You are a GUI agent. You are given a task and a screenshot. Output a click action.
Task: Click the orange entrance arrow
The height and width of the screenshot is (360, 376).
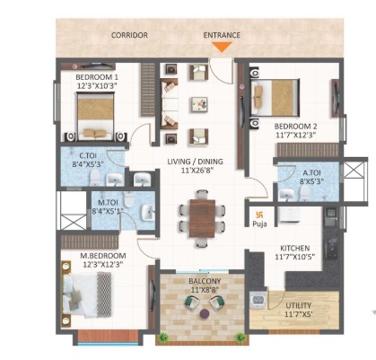pos(222,47)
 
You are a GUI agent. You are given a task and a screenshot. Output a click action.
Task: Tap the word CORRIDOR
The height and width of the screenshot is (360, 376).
pos(129,35)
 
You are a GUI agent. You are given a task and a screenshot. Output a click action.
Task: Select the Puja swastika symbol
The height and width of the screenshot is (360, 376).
pos(258,214)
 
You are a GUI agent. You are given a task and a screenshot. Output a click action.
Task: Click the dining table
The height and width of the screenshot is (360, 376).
pos(202,218)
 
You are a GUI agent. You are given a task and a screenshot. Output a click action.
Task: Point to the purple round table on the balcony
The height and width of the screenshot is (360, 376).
pos(205,313)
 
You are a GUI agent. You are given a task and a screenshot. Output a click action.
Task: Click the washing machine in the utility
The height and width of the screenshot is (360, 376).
pos(258,300)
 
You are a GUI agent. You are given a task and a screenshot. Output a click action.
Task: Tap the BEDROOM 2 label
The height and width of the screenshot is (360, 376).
pos(295,127)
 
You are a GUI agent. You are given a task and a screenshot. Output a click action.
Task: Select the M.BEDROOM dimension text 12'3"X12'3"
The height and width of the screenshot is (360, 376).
pos(102,264)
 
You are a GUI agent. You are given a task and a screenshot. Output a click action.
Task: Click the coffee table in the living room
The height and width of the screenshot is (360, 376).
pos(199,105)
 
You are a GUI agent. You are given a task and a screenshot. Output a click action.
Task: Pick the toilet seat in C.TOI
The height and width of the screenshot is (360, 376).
pos(95,178)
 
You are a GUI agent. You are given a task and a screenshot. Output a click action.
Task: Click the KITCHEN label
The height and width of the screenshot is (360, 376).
pos(294,249)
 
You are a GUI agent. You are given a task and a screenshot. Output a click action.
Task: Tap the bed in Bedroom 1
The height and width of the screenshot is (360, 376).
pos(95,116)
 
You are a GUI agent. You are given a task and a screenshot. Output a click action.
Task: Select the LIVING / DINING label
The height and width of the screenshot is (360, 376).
pos(195,162)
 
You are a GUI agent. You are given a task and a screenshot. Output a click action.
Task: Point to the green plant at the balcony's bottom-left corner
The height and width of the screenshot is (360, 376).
pos(162,338)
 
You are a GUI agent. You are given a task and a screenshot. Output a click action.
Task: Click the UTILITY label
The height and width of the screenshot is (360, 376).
pos(299,306)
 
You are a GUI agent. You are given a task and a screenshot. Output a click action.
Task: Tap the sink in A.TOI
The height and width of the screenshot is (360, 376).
pos(286,195)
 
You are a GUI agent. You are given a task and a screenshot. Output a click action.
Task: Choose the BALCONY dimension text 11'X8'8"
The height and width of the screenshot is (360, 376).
pos(205,290)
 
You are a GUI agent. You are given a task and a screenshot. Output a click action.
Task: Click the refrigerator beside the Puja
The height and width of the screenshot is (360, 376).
pos(289,215)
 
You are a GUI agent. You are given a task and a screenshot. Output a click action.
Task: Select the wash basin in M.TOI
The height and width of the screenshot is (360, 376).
pos(148,212)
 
